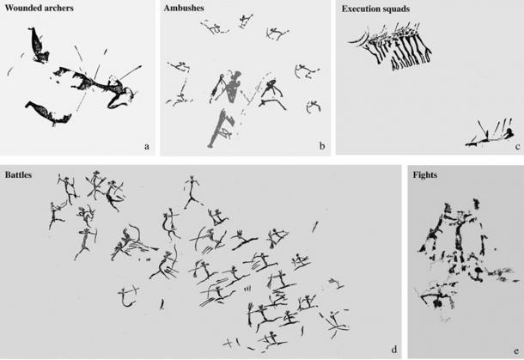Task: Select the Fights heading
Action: point(425,174)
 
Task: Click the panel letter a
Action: point(147,147)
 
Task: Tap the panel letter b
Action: point(321,147)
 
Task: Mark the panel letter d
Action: point(393,348)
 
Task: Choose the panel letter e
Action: point(516,348)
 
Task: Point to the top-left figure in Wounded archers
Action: point(37,45)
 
